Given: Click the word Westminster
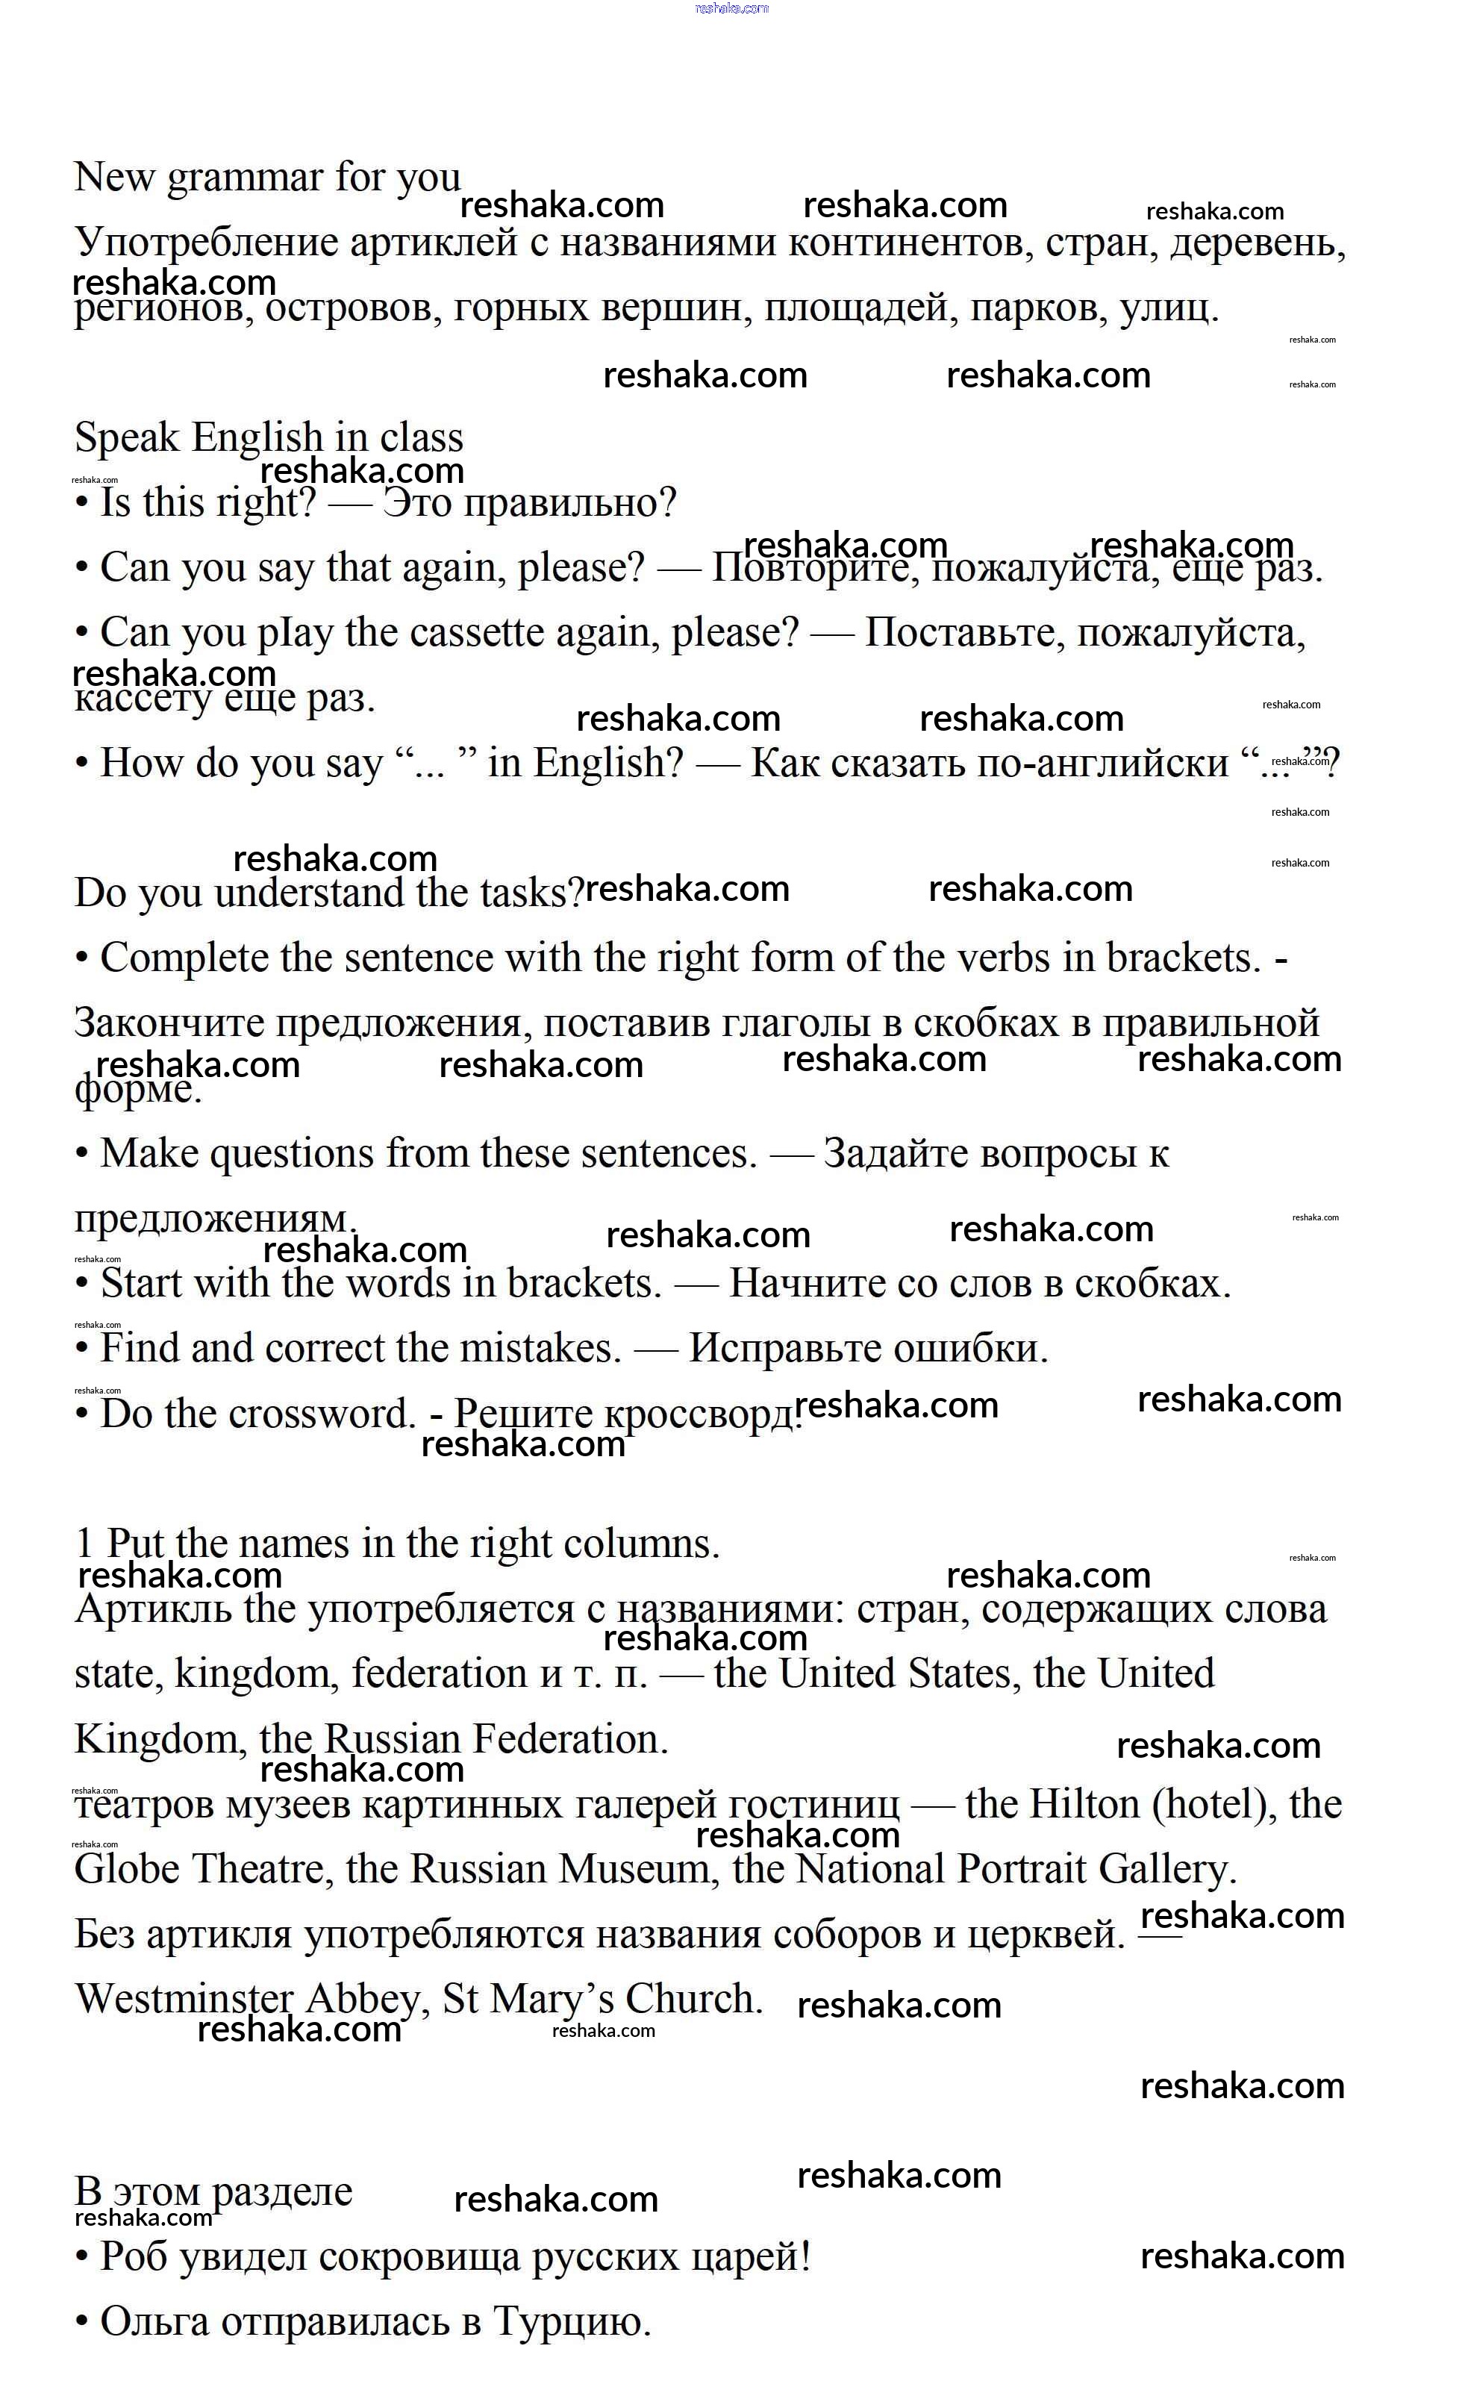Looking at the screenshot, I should point(184,1999).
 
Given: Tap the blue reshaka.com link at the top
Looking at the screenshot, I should point(731,7).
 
